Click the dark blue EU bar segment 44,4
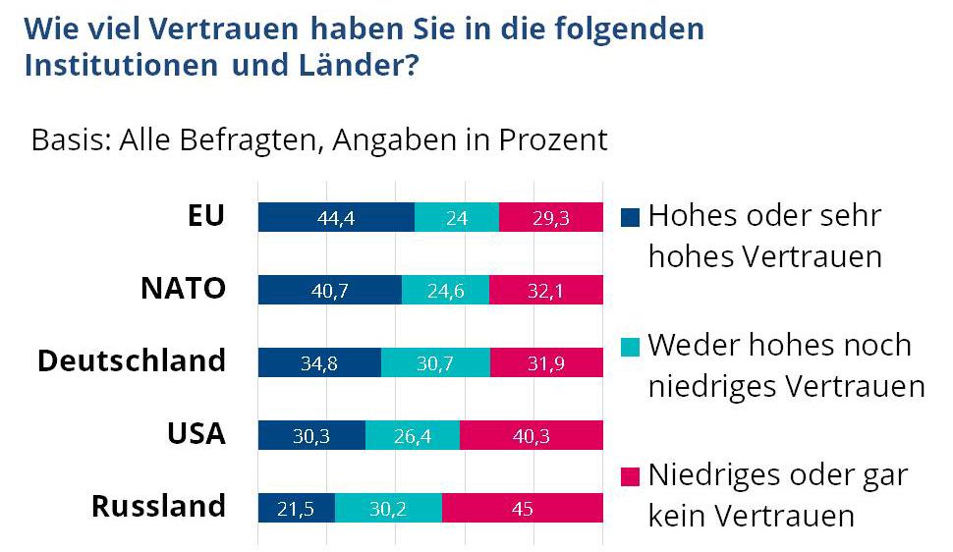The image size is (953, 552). coord(336,217)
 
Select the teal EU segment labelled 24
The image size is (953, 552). coord(457,217)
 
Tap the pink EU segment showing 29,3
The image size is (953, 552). coord(550,217)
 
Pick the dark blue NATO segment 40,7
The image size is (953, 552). coord(330,290)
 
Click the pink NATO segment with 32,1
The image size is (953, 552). coord(546,290)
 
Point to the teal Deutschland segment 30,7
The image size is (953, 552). coord(435,362)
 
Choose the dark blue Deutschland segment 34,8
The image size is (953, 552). coord(319,362)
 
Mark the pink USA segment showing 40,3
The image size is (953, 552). coord(532,434)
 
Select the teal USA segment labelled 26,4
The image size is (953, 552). coord(413,434)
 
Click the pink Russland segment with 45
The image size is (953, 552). coord(523,507)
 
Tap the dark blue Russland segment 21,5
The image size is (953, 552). coord(297,507)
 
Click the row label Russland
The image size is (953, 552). coord(158,507)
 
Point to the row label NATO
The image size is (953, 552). coord(183,289)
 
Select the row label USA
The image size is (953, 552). coord(196,433)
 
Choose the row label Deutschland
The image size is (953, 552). coord(132,360)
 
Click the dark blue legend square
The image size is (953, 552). coord(632,215)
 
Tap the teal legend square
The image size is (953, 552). coord(632,346)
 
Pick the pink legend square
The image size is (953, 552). coord(632,476)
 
